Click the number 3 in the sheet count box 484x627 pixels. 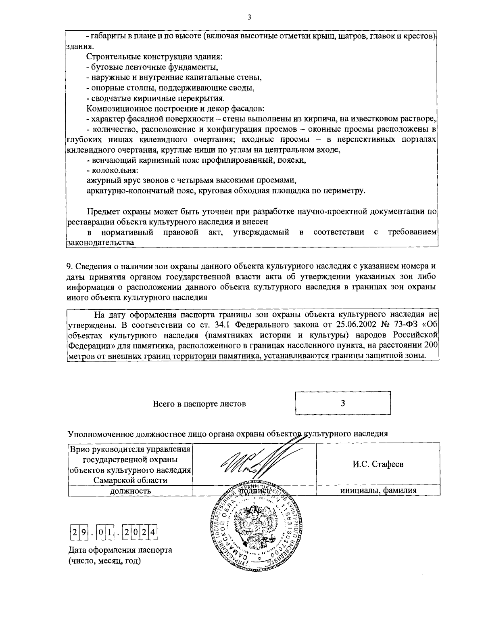pos(342,403)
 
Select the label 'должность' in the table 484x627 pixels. pos(130,491)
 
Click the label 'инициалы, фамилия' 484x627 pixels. pos(378,491)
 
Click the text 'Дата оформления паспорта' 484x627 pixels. pos(120,550)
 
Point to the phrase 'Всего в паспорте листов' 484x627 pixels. pos(199,404)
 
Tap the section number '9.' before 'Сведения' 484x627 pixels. pos(69,266)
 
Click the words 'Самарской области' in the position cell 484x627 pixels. pos(130,480)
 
